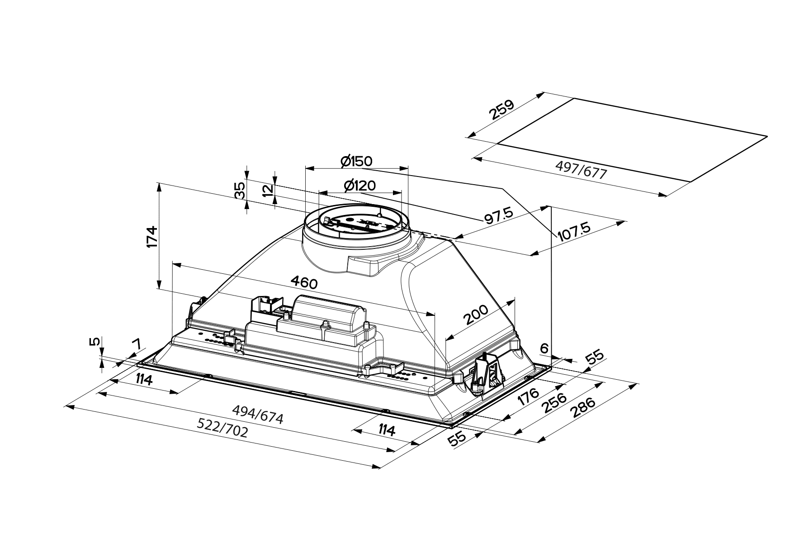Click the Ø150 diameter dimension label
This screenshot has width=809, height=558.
356,161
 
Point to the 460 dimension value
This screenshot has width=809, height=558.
304,283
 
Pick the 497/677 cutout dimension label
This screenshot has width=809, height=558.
581,171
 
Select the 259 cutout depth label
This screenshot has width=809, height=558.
501,110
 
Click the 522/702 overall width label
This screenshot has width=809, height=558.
223,428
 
